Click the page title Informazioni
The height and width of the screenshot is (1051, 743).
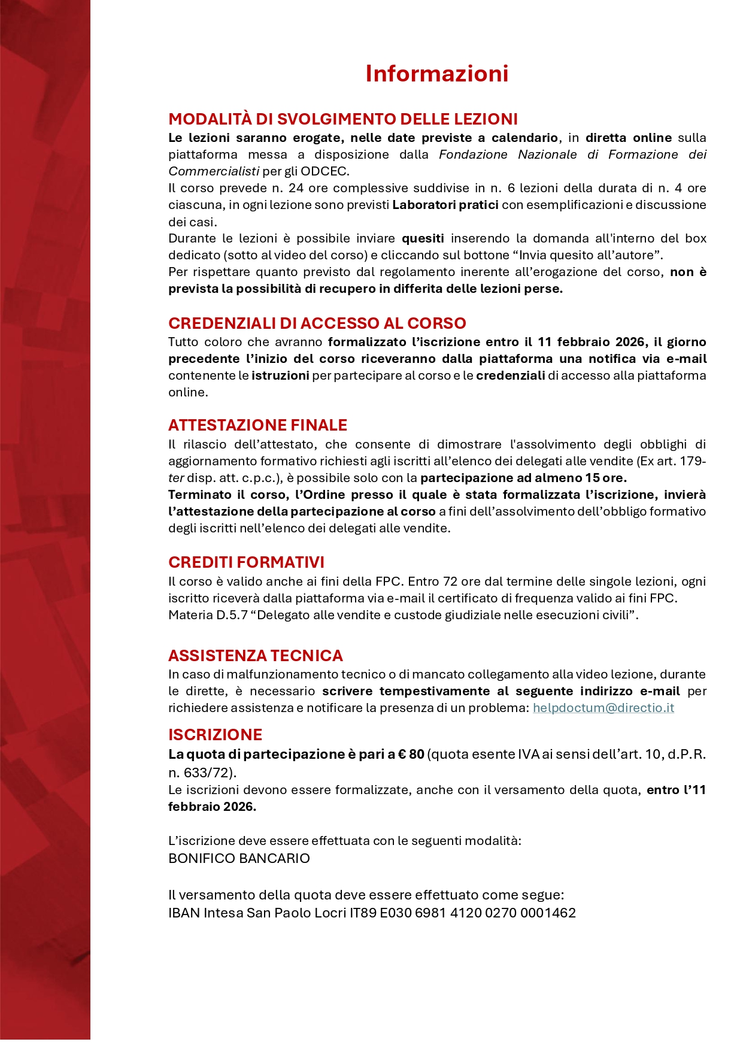click(x=436, y=74)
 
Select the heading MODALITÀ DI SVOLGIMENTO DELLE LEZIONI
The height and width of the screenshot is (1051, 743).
click(x=342, y=119)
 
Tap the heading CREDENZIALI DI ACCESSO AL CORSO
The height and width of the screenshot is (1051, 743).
click(x=317, y=323)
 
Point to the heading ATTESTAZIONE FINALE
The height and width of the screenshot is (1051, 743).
click(x=257, y=425)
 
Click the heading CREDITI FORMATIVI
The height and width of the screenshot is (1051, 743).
click(x=246, y=562)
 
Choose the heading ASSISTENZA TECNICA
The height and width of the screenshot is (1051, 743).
click(x=255, y=655)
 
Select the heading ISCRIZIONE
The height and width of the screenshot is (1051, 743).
click(x=215, y=735)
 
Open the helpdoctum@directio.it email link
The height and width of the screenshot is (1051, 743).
click(x=603, y=708)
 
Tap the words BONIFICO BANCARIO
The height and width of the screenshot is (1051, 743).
click(x=239, y=858)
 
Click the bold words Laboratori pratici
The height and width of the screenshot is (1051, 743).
click(x=445, y=205)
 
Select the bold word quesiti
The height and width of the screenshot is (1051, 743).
click(x=423, y=238)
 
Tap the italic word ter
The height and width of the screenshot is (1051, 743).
click(x=176, y=478)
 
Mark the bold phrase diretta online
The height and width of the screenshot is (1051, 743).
click(x=628, y=138)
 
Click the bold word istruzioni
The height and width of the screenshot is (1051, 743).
click(x=280, y=375)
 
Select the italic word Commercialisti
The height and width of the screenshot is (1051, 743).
click(x=214, y=171)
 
